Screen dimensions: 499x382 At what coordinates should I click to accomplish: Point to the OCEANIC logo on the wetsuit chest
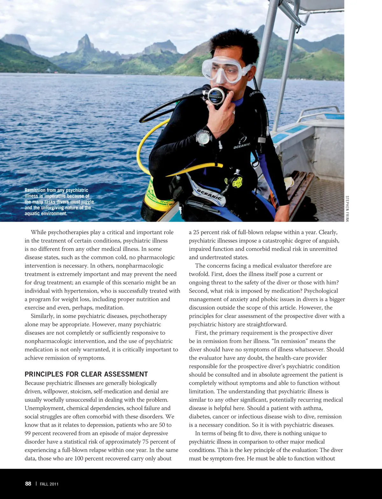click(x=242, y=146)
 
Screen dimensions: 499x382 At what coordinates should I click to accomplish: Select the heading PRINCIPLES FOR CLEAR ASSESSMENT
click(x=86, y=374)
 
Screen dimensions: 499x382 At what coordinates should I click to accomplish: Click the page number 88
click(x=28, y=484)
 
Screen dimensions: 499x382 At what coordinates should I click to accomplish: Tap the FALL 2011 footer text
click(x=49, y=484)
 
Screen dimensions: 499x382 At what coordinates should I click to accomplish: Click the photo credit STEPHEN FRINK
click(x=347, y=209)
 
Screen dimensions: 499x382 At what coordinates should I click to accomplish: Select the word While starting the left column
click(x=39, y=232)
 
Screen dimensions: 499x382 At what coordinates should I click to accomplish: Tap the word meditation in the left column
click(x=108, y=308)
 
